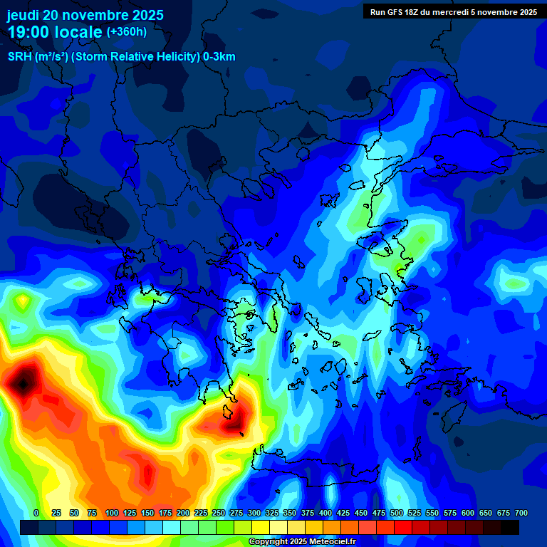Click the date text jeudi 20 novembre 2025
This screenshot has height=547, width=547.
(x=85, y=15)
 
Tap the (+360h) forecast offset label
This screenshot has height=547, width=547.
(x=126, y=32)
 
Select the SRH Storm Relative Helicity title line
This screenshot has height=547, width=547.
(x=122, y=57)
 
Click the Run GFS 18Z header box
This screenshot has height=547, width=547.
(x=453, y=11)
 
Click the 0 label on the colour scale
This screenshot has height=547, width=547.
(x=36, y=514)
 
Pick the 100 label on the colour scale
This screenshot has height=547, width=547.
(x=111, y=514)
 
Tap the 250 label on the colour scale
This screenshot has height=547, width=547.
(x=218, y=514)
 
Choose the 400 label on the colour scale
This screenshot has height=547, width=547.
(x=325, y=514)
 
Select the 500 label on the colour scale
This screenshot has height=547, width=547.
(x=397, y=514)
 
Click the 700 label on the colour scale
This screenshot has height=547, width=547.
(x=521, y=514)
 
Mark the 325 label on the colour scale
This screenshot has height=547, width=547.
(x=272, y=514)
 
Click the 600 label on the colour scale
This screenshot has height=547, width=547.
(x=468, y=514)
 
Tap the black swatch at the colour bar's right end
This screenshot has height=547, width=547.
(x=510, y=528)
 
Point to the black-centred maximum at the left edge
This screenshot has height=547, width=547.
(x=23, y=383)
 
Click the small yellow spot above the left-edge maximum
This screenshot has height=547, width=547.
(x=24, y=302)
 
